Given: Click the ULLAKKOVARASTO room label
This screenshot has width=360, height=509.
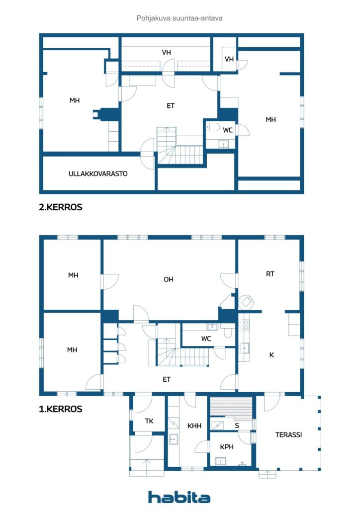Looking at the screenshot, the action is [x=98, y=173].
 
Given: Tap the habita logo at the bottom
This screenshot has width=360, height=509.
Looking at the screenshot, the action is [x=179, y=497].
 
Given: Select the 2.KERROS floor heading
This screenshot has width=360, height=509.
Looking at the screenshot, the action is [x=61, y=207].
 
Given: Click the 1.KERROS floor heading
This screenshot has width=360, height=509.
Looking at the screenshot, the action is [x=61, y=409].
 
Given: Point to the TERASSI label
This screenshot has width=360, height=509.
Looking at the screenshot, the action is [x=288, y=434].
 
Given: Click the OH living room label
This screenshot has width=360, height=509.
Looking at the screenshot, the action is [x=169, y=279].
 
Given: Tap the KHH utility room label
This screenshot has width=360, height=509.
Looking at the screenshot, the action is [x=194, y=425].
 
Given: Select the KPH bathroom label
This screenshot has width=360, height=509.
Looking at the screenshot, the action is [x=227, y=447].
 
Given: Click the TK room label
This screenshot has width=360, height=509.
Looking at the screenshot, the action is [x=149, y=421].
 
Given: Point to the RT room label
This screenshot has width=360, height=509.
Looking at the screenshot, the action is [x=270, y=274].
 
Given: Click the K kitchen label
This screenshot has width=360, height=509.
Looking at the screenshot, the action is [x=271, y=355].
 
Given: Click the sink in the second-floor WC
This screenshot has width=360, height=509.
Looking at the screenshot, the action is [x=223, y=144].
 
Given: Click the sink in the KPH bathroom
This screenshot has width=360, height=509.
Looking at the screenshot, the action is [x=221, y=461].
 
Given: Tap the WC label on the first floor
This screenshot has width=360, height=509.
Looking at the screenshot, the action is [x=206, y=339].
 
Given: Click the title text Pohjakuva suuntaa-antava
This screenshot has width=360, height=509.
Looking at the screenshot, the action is [x=180, y=18].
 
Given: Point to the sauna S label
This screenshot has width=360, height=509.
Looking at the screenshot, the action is [x=237, y=425].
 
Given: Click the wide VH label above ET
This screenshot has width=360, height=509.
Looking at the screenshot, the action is [x=166, y=52].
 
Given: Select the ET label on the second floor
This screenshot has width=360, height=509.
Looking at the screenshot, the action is [x=171, y=106].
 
